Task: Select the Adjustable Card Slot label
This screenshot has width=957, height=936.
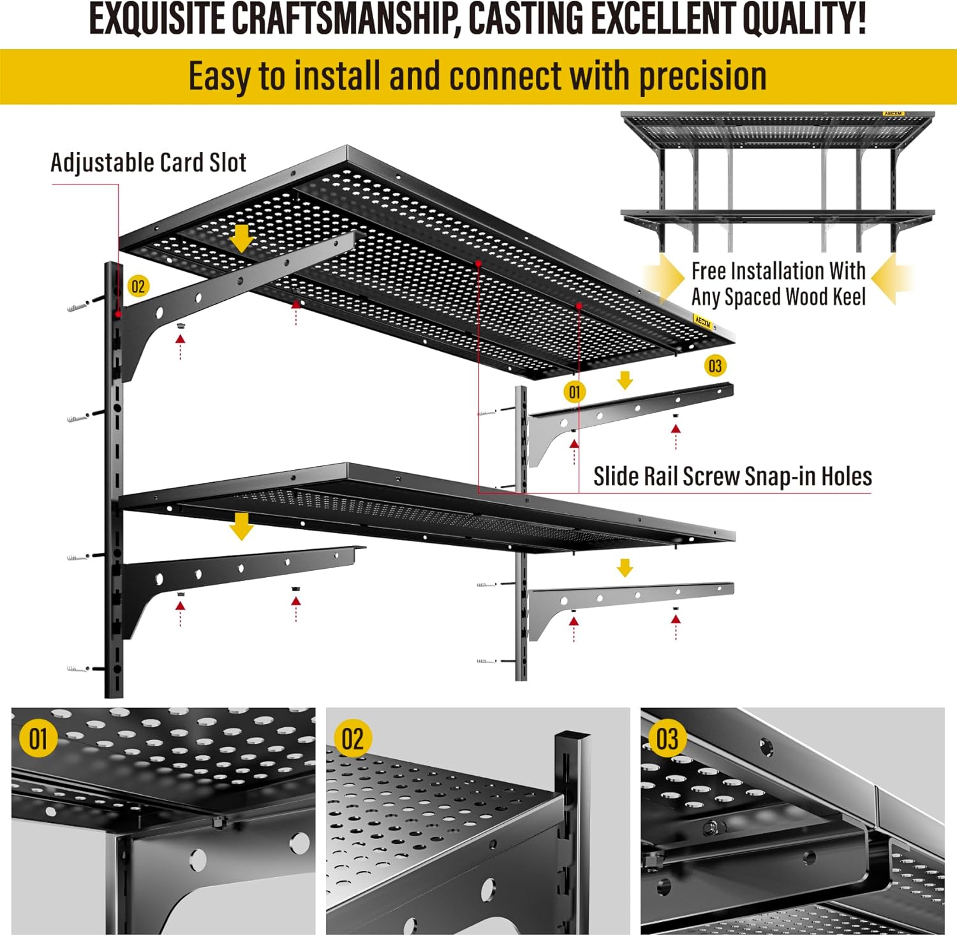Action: [148, 163]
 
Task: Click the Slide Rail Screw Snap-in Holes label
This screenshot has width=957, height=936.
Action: [732, 476]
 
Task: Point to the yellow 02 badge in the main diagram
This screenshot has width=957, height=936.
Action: [138, 286]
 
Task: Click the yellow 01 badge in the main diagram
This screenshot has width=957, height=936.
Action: [574, 391]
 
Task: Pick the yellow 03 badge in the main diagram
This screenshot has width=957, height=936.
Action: [715, 366]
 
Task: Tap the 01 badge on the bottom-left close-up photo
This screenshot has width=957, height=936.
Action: [38, 739]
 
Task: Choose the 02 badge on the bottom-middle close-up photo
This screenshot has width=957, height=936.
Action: [353, 739]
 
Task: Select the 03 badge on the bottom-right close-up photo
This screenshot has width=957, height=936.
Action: [667, 739]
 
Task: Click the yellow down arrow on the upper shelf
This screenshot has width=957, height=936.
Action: [241, 238]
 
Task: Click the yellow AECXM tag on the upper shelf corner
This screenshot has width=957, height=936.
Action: [702, 321]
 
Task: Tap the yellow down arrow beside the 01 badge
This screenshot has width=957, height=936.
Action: [625, 381]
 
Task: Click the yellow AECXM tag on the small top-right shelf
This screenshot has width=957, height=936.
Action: [893, 114]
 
